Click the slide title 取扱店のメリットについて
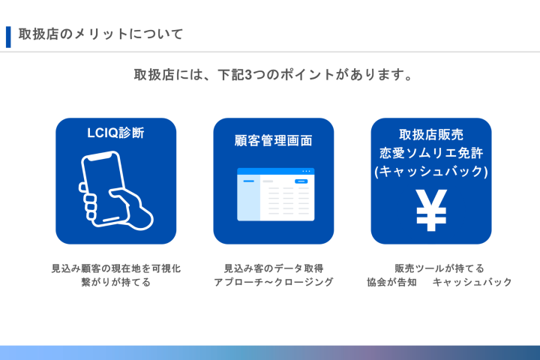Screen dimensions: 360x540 [101, 34]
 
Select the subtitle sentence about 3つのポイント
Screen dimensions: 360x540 [274, 75]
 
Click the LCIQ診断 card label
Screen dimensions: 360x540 [115, 133]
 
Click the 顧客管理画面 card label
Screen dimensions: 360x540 [273, 140]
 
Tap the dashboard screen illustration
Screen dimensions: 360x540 [275, 194]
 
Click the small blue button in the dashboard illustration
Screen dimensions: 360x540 [301, 181]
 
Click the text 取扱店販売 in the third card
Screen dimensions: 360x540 [430, 135]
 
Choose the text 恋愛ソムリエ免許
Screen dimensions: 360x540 [430, 153]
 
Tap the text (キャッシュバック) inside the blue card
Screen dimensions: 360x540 [430, 172]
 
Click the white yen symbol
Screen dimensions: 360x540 [431, 211]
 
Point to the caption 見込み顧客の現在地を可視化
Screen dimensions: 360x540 [115, 268]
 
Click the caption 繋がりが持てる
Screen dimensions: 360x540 [115, 283]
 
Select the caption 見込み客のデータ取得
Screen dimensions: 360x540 [273, 268]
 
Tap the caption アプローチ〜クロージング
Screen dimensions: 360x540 [273, 283]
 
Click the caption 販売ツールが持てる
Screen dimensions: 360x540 [439, 268]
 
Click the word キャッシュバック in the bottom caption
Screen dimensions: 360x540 [472, 283]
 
